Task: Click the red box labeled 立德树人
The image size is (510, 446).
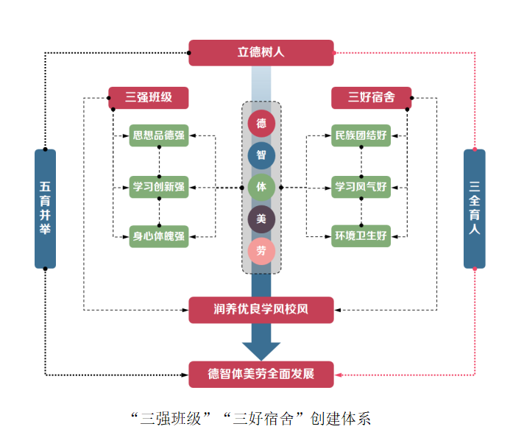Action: click(261, 53)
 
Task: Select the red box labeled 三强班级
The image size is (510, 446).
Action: click(149, 98)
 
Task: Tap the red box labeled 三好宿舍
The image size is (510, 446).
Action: click(371, 98)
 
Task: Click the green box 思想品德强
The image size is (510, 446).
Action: click(159, 135)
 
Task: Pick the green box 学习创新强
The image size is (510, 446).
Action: click(159, 187)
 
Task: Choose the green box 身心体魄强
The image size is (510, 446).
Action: click(159, 236)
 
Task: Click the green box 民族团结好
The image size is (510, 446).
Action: click(361, 135)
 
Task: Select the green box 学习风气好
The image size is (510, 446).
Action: click(361, 187)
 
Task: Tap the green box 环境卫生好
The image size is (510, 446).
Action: click(361, 236)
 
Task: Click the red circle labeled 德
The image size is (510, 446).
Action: click(261, 124)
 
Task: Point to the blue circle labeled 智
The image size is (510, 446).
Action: click(261, 155)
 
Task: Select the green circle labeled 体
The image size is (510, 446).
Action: click(261, 188)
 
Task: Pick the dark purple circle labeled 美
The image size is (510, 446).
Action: click(261, 219)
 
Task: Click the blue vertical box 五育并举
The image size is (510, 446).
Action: click(45, 209)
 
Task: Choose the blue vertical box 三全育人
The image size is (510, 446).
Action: click(475, 209)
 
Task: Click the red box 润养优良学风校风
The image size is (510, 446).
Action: click(261, 310)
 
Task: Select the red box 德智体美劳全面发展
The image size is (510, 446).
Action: click(261, 374)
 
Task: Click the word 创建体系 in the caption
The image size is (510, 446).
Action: click(344, 420)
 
